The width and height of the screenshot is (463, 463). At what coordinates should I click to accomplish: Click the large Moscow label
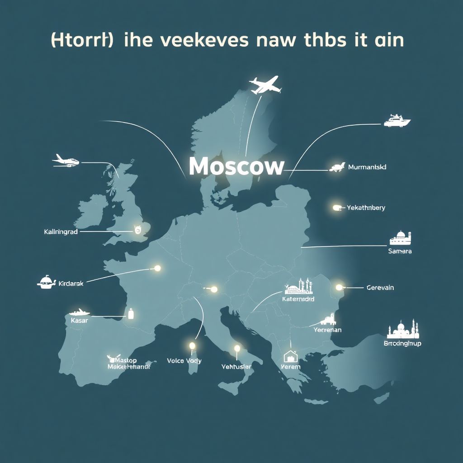click(x=236, y=167)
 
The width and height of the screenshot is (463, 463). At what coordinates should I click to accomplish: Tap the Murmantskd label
click(x=367, y=167)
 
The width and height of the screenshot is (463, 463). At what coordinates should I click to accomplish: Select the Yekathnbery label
click(x=366, y=208)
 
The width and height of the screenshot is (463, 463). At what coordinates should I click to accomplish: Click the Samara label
click(x=400, y=251)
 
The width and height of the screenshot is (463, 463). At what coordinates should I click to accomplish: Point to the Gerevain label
click(x=380, y=288)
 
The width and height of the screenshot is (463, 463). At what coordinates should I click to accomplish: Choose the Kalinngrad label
click(x=61, y=232)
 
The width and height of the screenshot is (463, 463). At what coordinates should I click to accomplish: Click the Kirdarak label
click(x=71, y=284)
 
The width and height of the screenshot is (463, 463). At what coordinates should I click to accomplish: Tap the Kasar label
click(x=80, y=321)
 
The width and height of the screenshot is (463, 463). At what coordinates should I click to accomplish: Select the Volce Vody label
click(x=184, y=361)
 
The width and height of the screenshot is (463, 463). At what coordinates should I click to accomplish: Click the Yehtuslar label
click(x=236, y=367)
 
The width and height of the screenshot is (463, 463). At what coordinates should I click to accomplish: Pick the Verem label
click(x=290, y=367)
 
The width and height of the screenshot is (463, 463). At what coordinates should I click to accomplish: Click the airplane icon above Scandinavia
click(x=265, y=85)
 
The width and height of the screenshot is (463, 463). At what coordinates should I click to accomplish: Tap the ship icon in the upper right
click(x=397, y=121)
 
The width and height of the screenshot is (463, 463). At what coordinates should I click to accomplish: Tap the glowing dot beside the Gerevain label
click(x=339, y=287)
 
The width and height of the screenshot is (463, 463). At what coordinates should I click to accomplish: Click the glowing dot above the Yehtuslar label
click(x=236, y=349)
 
